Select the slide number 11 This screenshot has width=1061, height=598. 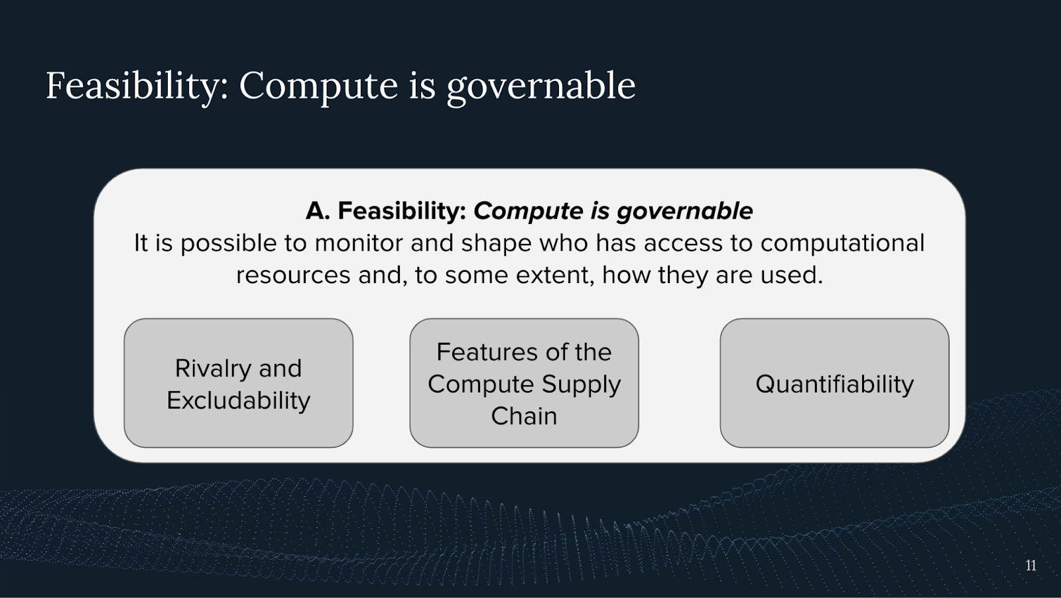click(x=1030, y=566)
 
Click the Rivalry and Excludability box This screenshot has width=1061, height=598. click(x=238, y=383)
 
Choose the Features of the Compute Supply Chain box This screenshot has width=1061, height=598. click(x=524, y=383)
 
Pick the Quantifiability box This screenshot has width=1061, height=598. click(x=835, y=383)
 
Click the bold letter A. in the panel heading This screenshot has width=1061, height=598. click(x=318, y=211)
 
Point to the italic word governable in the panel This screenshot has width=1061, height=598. click(x=684, y=211)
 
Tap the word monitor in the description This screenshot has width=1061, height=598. click(x=359, y=243)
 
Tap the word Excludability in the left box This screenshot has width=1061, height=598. click(x=238, y=400)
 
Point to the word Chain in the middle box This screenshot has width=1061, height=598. click(x=524, y=416)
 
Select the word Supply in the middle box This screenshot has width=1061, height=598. click(x=581, y=385)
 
